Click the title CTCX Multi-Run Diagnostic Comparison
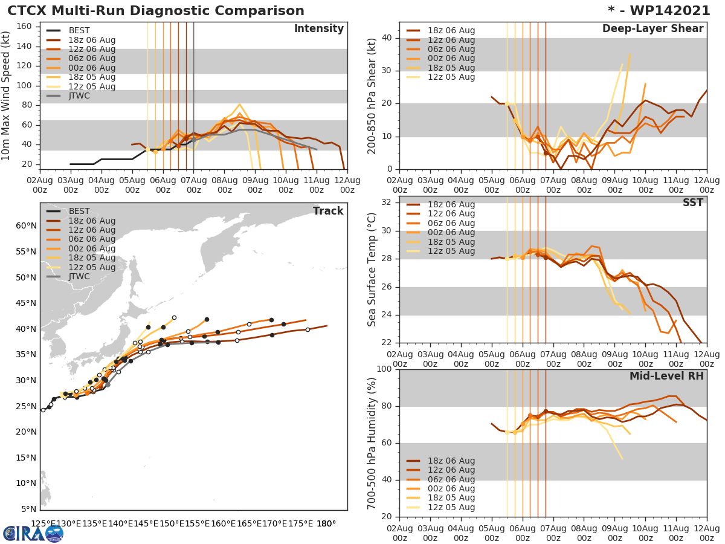156,11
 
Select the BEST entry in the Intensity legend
79,30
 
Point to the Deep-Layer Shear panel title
652,29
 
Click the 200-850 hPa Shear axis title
372,96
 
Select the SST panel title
692,202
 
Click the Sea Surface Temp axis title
372,270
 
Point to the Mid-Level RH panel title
666,376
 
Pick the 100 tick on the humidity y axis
384,369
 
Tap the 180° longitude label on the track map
326,523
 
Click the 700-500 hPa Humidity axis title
372,442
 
